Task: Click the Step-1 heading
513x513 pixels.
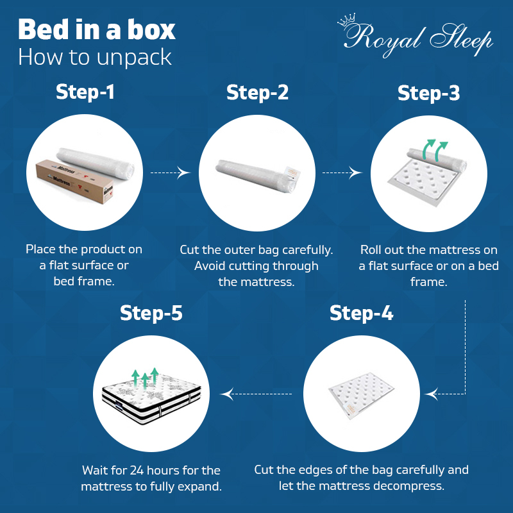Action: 85,92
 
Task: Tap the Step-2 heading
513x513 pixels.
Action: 258,92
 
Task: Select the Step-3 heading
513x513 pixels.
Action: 428,93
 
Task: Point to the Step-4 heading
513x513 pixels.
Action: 361,313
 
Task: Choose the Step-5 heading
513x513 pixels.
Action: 151,313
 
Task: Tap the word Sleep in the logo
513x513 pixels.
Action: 461,39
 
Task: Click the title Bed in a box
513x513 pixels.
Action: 97,29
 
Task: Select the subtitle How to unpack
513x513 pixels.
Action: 95,57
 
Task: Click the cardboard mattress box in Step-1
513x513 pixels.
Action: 74,181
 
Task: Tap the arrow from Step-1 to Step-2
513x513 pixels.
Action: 170,172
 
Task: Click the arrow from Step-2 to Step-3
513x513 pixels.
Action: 342,172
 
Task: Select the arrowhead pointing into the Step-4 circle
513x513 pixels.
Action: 432,394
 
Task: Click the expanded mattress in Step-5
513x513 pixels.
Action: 151,398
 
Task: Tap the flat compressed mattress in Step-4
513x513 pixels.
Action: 361,396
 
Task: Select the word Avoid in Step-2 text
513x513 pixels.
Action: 210,266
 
